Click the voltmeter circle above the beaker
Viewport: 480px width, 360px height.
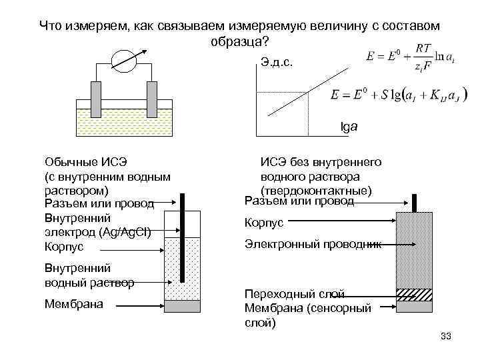click(x=123, y=61)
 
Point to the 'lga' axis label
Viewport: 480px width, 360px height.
click(x=349, y=125)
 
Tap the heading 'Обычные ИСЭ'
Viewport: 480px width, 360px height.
click(x=85, y=162)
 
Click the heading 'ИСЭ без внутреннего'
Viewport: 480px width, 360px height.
click(x=320, y=162)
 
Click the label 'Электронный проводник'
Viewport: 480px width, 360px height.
click(x=313, y=245)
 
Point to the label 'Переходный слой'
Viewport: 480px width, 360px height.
click(x=294, y=294)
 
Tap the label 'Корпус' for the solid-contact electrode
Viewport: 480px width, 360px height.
click(x=265, y=223)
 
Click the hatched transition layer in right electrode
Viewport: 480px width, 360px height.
click(x=414, y=293)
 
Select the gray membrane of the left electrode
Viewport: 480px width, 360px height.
click(x=182, y=306)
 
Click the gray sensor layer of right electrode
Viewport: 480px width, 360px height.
click(x=414, y=305)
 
